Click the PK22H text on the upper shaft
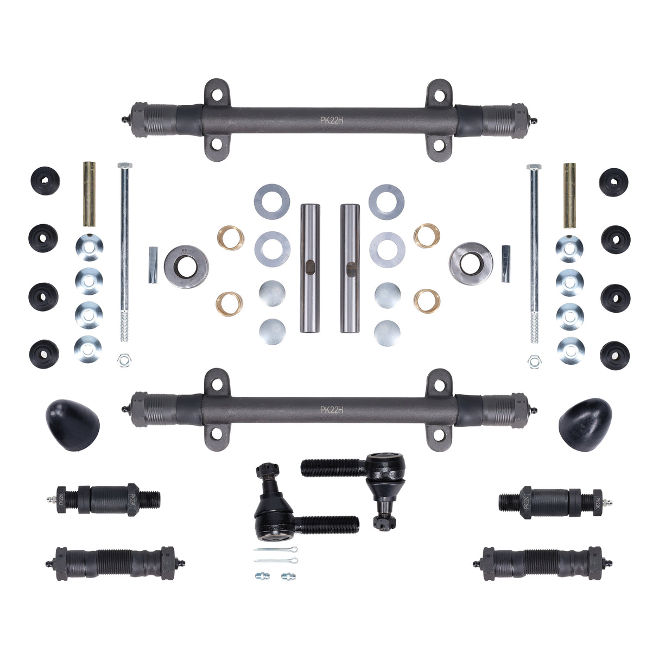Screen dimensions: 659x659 tap(331, 121)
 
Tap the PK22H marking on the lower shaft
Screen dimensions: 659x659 tap(331, 410)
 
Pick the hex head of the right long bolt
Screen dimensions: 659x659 tap(533, 167)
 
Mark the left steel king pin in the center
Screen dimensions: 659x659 tap(309, 268)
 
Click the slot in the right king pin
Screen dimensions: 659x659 tap(351, 268)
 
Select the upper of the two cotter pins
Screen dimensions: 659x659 tap(276, 549)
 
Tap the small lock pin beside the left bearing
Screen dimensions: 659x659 tap(153, 265)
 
